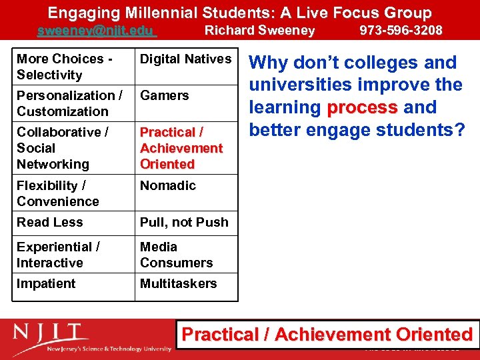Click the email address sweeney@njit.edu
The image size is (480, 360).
[x=96, y=31]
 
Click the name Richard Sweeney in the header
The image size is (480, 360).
[x=259, y=30]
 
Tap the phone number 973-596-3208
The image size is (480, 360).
[x=401, y=30]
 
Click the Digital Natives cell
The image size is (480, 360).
[x=185, y=59]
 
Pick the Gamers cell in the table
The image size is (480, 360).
[x=164, y=95]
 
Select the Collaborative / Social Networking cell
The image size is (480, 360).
[x=53, y=148]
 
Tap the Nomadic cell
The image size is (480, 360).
[x=167, y=185]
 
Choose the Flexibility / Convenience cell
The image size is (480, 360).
[x=57, y=193]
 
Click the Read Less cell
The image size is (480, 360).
[x=49, y=222]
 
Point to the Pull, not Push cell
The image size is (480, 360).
[x=184, y=222]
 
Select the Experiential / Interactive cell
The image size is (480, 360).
[x=58, y=255]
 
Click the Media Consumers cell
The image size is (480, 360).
[x=176, y=255]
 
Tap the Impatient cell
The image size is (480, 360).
[x=46, y=283]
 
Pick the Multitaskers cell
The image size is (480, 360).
[x=178, y=283]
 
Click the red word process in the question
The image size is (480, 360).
[x=362, y=107]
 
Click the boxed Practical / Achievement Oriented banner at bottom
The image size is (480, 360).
[x=327, y=335]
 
